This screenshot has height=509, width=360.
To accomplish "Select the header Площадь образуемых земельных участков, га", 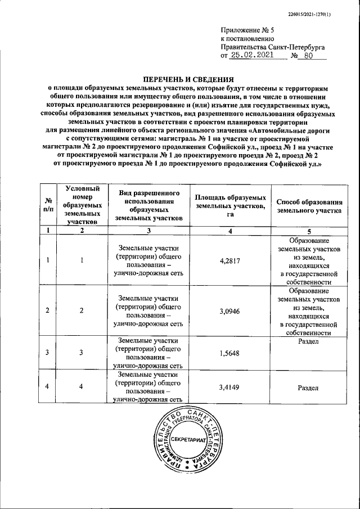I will (231, 205).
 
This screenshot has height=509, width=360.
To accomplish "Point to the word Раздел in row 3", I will (310, 341).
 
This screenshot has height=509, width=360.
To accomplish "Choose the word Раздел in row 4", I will (310, 388).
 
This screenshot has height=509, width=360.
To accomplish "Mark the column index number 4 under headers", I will (231, 230).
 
